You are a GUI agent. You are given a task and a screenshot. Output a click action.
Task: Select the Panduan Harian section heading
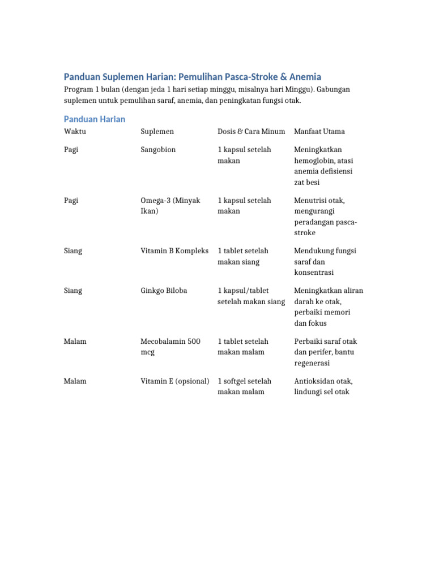click(95, 119)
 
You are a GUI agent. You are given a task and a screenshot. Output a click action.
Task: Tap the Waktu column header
click(75, 131)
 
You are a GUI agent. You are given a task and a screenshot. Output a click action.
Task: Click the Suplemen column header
click(157, 131)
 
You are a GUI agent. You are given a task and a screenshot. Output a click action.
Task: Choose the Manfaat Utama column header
click(319, 131)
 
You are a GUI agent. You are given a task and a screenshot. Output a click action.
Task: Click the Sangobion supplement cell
click(158, 150)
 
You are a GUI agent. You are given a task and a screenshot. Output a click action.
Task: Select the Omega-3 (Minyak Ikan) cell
click(170, 206)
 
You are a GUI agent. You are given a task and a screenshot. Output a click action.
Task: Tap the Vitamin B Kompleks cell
click(174, 250)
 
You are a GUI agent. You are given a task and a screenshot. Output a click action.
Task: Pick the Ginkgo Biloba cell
click(164, 291)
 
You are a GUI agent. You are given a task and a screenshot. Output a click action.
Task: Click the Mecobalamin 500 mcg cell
click(170, 347)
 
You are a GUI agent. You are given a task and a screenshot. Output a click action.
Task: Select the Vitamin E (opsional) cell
click(175, 381)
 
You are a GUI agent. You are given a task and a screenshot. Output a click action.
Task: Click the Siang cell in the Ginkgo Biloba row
click(73, 291)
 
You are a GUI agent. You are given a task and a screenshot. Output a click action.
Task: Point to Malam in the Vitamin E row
click(75, 381)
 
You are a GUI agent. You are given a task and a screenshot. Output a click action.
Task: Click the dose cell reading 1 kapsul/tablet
click(251, 296)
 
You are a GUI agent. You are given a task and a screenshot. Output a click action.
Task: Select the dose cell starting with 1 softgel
click(244, 386)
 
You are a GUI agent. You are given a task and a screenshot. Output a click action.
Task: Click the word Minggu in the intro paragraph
click(297, 90)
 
